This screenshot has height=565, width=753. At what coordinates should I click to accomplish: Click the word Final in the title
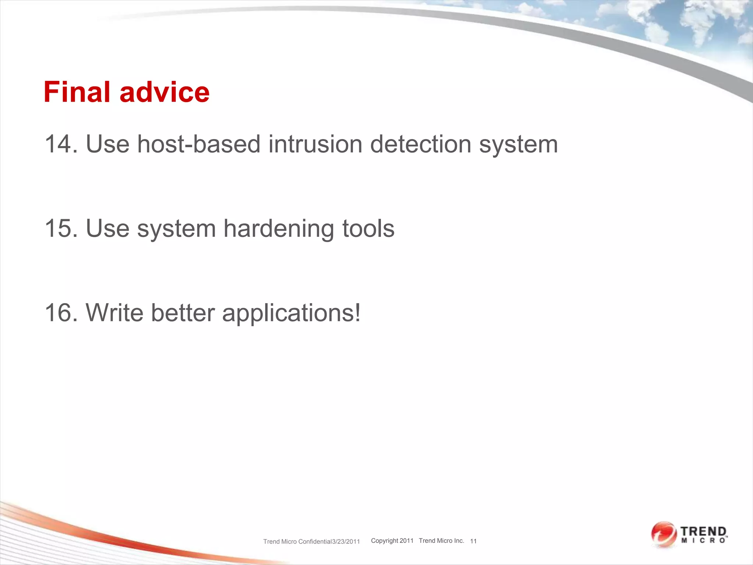pyautogui.click(x=77, y=92)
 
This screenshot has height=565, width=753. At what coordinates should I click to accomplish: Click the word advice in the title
pyautogui.click(x=164, y=92)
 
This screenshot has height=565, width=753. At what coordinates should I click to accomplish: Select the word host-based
pyautogui.click(x=199, y=144)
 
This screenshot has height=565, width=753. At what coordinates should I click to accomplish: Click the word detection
pyautogui.click(x=421, y=144)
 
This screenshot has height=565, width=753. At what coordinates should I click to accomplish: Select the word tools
pyautogui.click(x=368, y=228)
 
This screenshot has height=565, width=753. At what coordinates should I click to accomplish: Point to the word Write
pyautogui.click(x=114, y=313)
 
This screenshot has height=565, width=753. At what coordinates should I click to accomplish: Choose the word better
pyautogui.click(x=183, y=313)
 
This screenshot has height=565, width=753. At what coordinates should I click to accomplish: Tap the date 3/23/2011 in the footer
pyautogui.click(x=346, y=541)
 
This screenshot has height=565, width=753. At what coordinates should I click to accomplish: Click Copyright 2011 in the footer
pyautogui.click(x=392, y=541)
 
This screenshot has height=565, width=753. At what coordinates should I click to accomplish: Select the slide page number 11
pyautogui.click(x=473, y=541)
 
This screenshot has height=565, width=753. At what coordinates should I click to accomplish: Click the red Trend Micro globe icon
pyautogui.click(x=664, y=534)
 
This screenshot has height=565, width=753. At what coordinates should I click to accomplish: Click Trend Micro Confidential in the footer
pyautogui.click(x=297, y=541)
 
